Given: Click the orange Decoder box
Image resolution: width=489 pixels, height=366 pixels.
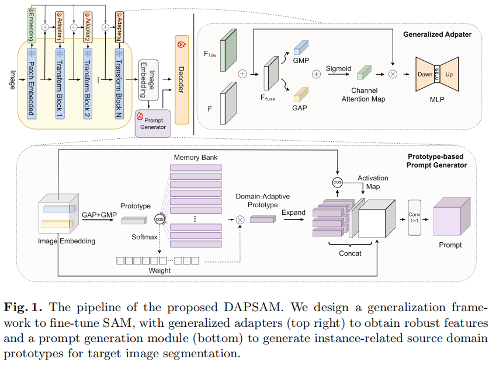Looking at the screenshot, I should (182, 79).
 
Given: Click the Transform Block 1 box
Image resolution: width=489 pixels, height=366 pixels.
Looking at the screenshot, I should (59, 82).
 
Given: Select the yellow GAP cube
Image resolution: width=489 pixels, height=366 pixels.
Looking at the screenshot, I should (301, 94).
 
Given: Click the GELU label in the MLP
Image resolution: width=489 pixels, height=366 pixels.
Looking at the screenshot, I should (435, 74).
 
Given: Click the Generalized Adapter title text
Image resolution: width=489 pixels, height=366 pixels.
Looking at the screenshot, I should (437, 34).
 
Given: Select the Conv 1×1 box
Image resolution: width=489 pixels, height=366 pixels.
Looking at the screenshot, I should (414, 217).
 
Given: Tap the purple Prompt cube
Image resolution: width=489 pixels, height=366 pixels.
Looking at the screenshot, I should (450, 217).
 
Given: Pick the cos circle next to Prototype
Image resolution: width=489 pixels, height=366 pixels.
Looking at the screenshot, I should (159, 219).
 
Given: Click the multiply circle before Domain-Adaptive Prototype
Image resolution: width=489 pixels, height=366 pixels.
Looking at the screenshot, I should (239, 220).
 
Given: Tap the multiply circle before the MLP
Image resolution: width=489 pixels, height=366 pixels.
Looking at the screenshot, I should (393, 74).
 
